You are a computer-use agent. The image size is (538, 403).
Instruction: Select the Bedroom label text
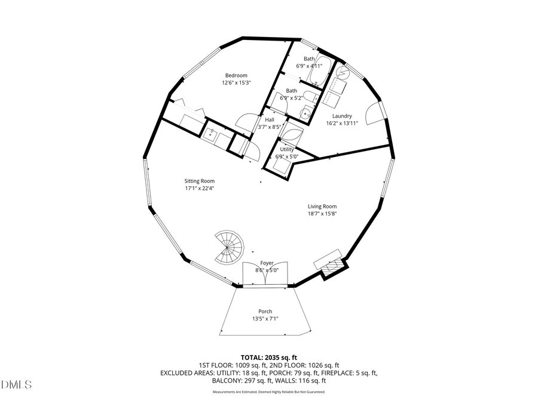pos(236,75)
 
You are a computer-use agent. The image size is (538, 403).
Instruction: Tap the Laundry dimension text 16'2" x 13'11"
pos(342,124)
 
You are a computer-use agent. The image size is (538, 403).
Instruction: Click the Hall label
pos(270,119)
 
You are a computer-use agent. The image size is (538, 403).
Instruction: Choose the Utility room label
pos(287,149)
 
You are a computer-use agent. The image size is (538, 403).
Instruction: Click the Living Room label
pos(322,207)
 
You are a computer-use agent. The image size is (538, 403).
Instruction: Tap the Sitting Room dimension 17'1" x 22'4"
pos(199,189)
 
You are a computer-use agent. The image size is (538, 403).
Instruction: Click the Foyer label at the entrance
pos(266,263)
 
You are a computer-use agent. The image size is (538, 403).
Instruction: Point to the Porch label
pos(265,311)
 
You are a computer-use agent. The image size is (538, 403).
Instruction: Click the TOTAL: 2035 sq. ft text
pos(269,357)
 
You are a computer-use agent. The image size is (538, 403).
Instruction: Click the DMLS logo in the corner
pos(17,383)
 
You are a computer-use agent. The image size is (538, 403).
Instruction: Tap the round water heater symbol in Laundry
pos(343,72)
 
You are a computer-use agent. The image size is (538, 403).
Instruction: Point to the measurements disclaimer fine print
pos(269,392)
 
